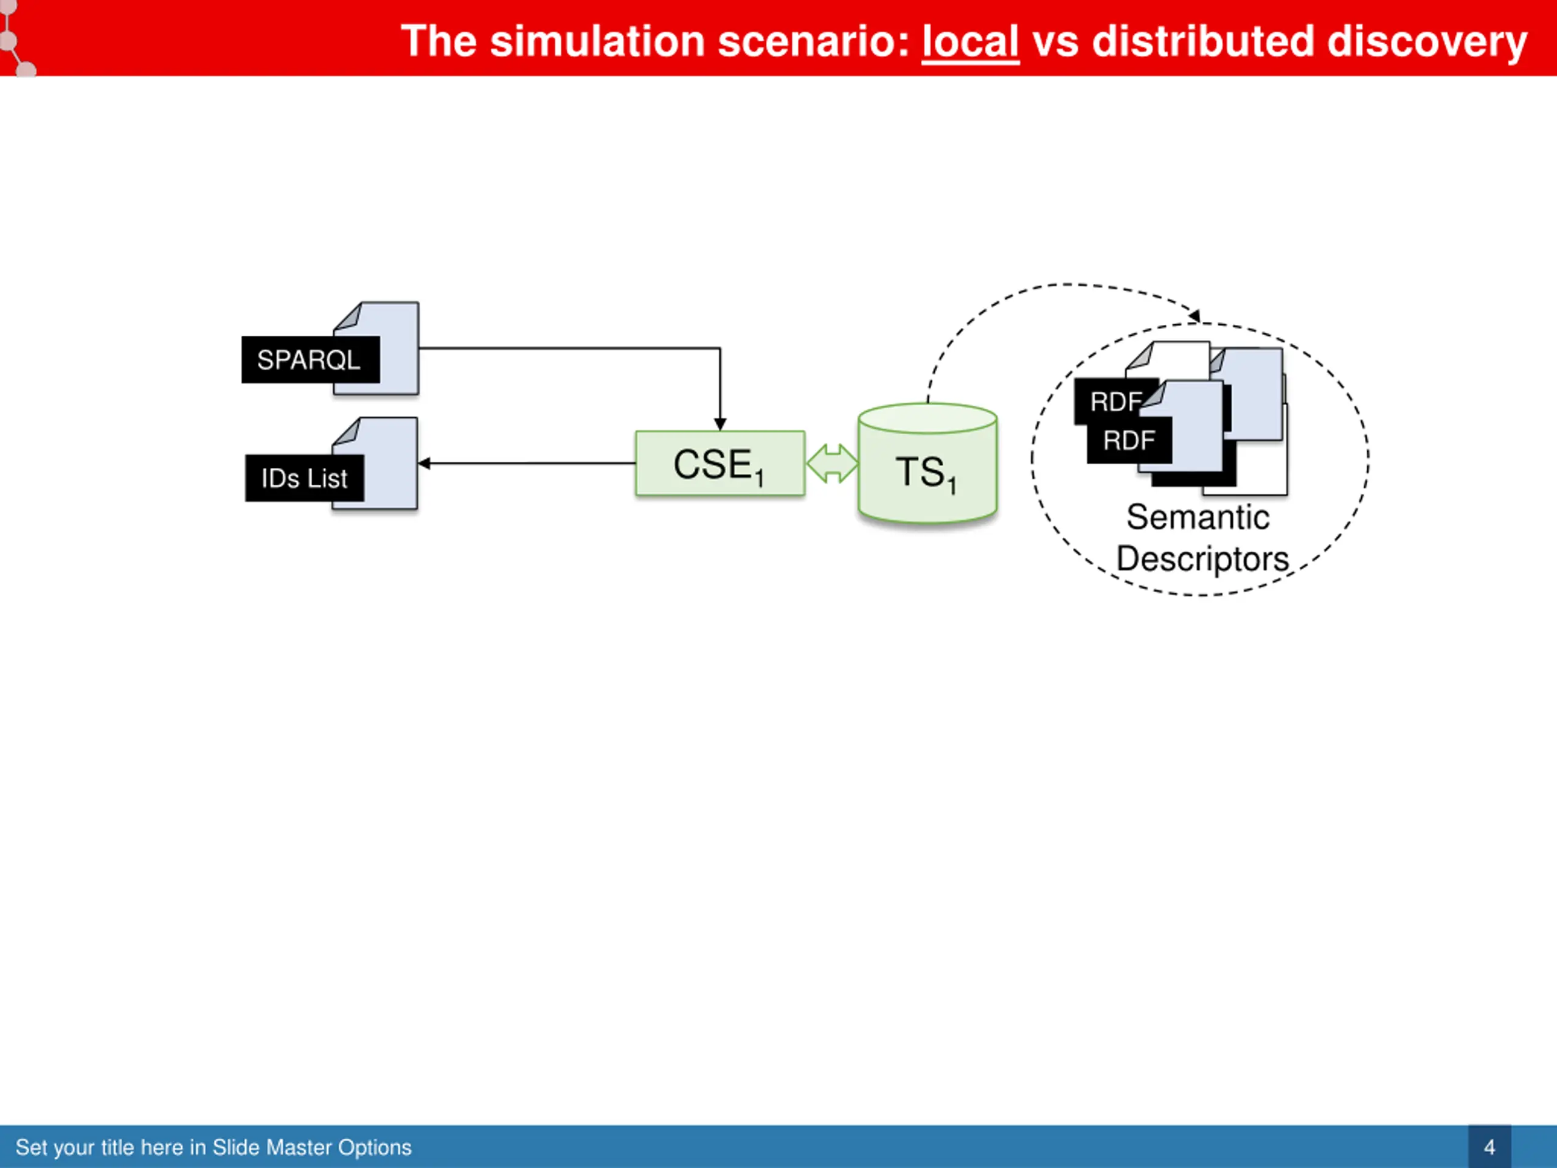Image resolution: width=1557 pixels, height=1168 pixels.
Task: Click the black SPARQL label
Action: pos(310,360)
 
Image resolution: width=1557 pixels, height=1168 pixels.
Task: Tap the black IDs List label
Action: pos(305,478)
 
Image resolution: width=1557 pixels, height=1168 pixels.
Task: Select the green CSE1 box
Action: pos(720,464)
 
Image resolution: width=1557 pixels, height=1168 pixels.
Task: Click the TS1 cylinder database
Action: pos(928,464)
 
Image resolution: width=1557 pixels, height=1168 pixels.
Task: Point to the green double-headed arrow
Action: pos(832,464)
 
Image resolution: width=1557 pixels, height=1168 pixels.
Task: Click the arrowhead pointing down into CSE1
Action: pos(720,425)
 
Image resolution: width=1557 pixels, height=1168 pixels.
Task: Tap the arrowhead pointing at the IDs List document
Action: pos(425,464)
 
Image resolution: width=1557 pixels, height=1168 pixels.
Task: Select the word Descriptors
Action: pos(1202,559)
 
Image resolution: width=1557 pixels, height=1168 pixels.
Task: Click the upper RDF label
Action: pos(1115,402)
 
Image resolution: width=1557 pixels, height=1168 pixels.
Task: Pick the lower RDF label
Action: pos(1129,440)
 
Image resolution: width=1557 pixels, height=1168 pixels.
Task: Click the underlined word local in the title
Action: pos(971,41)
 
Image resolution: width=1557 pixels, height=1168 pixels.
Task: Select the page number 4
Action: pos(1489,1147)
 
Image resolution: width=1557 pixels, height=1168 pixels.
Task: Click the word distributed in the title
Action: pos(1203,41)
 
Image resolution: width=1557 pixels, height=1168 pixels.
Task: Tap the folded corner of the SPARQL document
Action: pos(349,316)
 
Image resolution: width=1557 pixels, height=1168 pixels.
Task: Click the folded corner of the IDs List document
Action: pos(347,431)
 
